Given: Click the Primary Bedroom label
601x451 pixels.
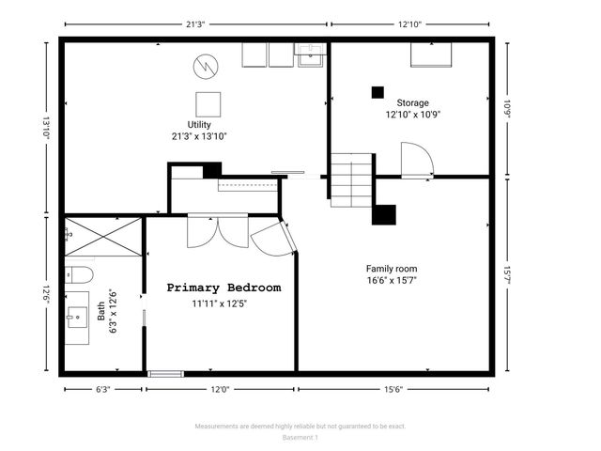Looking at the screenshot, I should [x=223, y=288].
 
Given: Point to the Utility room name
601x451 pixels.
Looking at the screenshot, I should [x=198, y=124].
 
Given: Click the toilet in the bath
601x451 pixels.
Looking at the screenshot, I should [x=77, y=275].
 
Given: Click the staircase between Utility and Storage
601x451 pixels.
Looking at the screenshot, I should [x=352, y=181].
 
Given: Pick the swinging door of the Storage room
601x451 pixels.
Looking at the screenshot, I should [x=415, y=159].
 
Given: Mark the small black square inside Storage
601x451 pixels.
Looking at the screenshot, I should [x=378, y=92].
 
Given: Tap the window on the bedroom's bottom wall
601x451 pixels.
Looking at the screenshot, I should [x=165, y=373].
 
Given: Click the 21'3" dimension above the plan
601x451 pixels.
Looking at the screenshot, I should [x=195, y=25].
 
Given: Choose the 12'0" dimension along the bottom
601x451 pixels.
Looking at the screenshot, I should [x=220, y=389].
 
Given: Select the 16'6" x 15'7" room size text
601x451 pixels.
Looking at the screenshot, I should [x=393, y=280].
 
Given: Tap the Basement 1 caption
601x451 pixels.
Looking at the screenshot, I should [x=300, y=437].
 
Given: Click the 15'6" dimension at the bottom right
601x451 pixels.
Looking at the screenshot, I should [x=393, y=389].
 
